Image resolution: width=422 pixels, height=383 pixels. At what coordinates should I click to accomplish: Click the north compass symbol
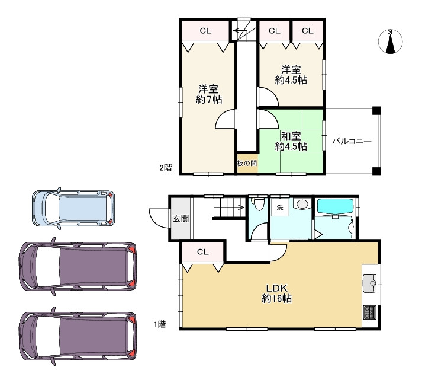coord(390,42)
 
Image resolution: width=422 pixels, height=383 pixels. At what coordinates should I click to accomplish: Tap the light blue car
coord(73,208)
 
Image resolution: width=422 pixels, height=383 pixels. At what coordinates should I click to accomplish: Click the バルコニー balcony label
coord(352,141)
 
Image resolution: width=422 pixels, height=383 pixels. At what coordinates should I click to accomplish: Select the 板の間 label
coord(247,163)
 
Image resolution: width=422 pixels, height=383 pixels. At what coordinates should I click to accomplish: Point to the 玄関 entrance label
coord(181,219)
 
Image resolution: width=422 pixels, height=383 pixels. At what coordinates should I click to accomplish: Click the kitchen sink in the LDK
coord(369,283)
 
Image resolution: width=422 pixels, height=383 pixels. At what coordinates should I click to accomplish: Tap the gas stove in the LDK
coord(369,312)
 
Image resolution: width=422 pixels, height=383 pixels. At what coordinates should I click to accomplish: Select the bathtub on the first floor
coord(336,206)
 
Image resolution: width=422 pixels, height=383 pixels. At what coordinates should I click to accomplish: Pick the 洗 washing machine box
coord(280,208)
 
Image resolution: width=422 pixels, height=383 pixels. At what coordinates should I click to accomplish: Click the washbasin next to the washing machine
coord(302,204)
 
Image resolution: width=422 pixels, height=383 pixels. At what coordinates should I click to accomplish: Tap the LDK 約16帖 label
coord(277,293)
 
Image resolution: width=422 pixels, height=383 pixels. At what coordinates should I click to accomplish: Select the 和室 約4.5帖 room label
coord(291,141)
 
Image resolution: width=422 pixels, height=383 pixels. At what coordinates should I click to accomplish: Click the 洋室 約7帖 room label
coord(208,94)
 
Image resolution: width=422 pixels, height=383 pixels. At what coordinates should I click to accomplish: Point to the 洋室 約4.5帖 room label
coord(291,75)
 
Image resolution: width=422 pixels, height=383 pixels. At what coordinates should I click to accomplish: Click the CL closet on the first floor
coord(203,252)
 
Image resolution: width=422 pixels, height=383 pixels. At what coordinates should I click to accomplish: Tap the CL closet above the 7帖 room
coord(205,31)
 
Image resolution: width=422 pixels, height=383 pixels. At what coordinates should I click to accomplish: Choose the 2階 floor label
coord(166,168)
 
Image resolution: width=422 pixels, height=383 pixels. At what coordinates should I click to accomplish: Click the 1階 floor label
coord(160,324)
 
